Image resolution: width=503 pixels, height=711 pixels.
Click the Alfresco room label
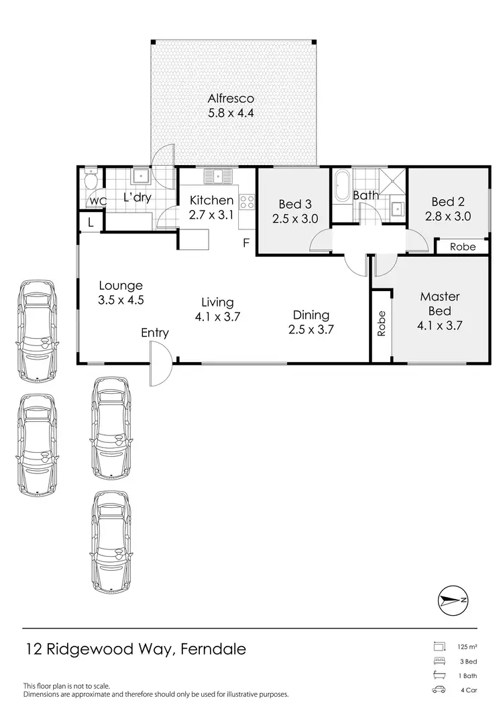(x=230, y=107)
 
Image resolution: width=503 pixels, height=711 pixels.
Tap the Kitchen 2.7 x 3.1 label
(x=211, y=207)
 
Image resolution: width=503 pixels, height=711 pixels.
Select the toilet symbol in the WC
(x=91, y=180)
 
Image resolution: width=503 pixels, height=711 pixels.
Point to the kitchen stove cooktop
(x=247, y=201)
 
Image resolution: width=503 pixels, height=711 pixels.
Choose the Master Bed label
(x=439, y=311)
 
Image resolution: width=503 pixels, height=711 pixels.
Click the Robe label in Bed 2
(x=462, y=247)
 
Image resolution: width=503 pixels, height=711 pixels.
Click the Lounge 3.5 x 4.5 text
(x=120, y=292)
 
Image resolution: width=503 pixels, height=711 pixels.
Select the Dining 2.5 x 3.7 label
(x=311, y=322)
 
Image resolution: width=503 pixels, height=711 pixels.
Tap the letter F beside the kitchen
(x=246, y=243)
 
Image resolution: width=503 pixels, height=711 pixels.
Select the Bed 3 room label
(x=294, y=211)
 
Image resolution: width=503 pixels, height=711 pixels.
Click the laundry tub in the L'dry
(x=142, y=176)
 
